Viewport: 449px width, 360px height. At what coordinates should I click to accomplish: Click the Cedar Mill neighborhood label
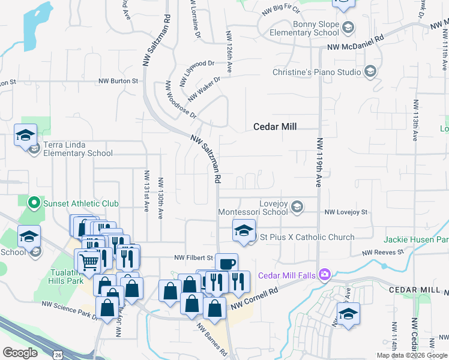point(276,127)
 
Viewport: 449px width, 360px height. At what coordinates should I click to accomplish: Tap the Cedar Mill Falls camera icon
point(325,275)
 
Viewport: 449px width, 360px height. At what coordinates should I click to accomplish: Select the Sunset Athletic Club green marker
point(34,203)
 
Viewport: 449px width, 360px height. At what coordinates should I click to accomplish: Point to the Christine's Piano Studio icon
point(370,72)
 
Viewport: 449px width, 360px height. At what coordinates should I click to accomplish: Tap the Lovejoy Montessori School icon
point(297,208)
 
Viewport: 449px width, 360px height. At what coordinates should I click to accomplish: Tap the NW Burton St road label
point(118,80)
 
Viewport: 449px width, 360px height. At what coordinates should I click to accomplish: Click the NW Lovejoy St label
point(346,212)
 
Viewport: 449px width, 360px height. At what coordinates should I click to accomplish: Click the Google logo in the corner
point(19,353)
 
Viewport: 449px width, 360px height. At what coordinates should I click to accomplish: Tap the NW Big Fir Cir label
point(281,11)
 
